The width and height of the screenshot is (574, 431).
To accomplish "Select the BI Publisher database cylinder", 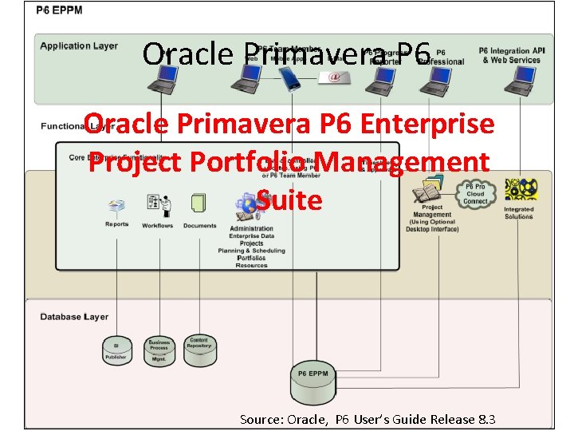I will [116, 350].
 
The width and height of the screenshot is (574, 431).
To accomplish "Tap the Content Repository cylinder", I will [199, 350].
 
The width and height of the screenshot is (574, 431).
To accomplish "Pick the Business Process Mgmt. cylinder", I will [159, 351].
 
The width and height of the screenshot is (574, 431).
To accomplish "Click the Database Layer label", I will [74, 317].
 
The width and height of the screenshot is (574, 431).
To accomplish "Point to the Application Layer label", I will [79, 46].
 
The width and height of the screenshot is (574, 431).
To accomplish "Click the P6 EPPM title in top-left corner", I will [59, 10].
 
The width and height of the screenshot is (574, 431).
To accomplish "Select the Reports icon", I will [116, 207].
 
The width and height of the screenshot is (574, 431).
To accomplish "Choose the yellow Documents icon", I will [199, 204].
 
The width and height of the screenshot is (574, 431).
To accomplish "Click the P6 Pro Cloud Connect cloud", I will [475, 192].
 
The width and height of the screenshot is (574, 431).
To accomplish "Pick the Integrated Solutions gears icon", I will [520, 190].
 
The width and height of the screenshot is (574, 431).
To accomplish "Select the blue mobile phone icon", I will [289, 78].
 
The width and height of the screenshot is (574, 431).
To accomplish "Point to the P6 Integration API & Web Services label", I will [510, 55].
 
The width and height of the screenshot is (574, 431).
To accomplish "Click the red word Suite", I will [289, 200].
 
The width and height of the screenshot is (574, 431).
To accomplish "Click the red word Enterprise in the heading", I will [427, 125].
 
